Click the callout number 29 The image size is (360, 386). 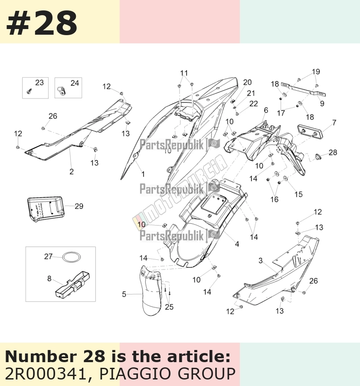(x=79, y=206)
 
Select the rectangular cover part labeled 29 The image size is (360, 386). (x=46, y=209)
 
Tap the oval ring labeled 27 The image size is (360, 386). (x=72, y=258)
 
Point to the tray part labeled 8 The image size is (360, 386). (x=72, y=284)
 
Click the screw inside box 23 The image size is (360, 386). (x=29, y=91)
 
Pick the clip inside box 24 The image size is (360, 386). (x=62, y=91)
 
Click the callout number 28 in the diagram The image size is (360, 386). (x=333, y=152)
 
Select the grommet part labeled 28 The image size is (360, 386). (x=318, y=157)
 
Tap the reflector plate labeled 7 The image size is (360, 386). (x=310, y=131)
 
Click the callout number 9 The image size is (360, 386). (x=322, y=103)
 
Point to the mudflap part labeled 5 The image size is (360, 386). (x=152, y=291)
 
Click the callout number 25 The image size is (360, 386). (x=169, y=307)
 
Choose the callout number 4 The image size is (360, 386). (x=237, y=244)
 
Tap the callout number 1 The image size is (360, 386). (x=143, y=174)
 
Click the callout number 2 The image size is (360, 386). (x=72, y=172)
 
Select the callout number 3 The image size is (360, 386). (x=261, y=261)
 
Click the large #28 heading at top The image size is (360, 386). (x=42, y=23)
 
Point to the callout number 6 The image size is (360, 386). (x=266, y=110)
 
